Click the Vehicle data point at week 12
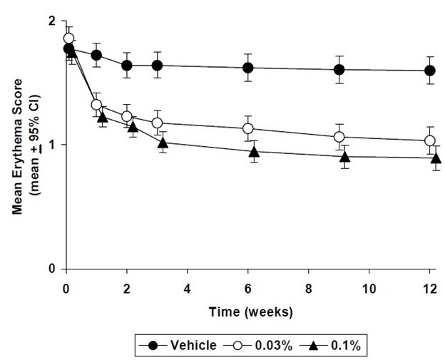point(430,71)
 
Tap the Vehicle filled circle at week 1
point(96,55)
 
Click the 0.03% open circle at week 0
point(68,38)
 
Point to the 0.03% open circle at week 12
point(430,140)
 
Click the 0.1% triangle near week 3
point(163,143)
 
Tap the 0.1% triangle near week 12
point(436,158)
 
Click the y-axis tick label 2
point(51,22)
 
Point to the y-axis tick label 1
point(51,145)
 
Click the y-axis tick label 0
point(51,269)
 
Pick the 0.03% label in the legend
point(273,346)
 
